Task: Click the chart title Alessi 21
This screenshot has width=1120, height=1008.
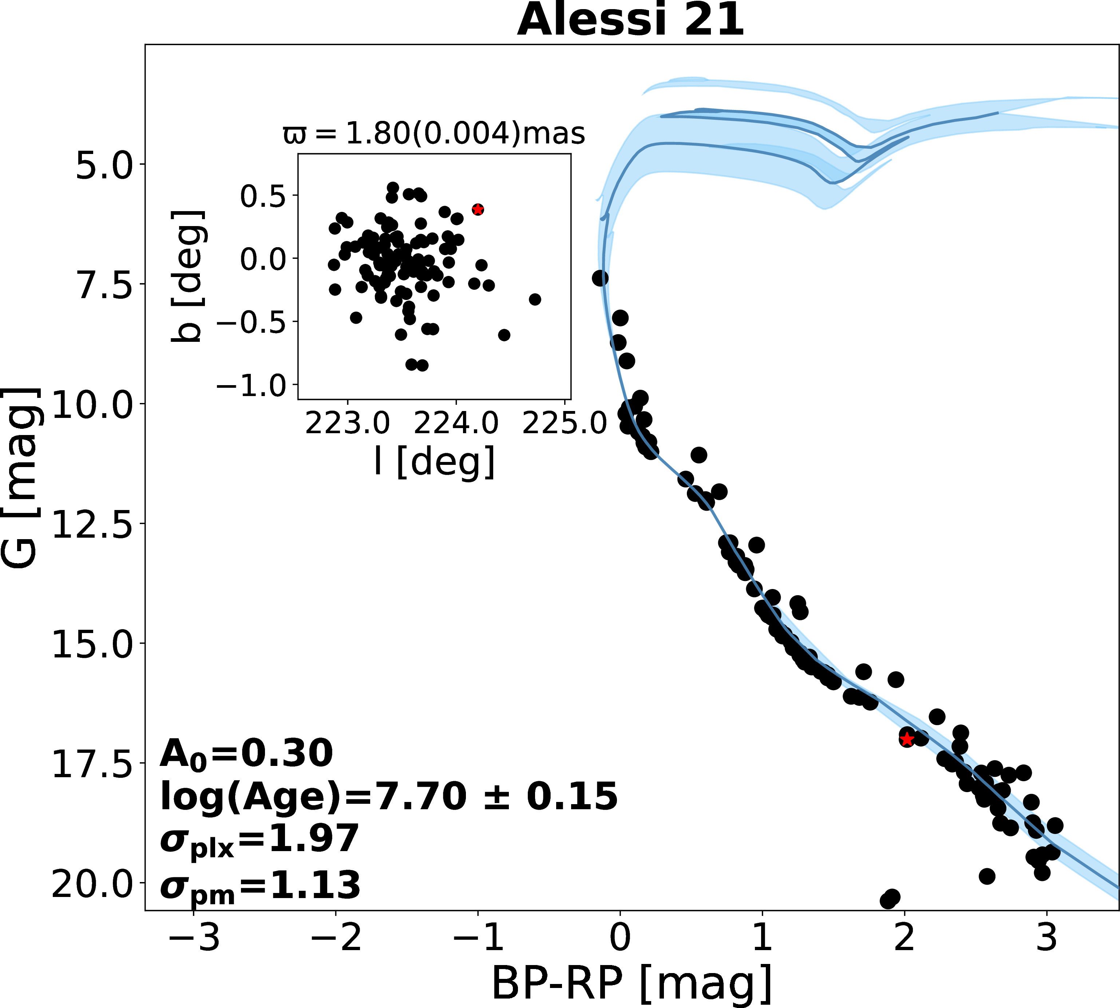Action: [630, 20]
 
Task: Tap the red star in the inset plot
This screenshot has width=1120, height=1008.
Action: [478, 209]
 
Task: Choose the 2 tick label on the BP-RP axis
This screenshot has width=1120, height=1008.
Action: [905, 938]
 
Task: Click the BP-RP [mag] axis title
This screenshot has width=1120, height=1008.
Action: [632, 984]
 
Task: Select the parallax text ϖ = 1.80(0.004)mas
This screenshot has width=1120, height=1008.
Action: [434, 134]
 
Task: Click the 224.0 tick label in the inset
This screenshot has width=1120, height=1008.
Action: [456, 424]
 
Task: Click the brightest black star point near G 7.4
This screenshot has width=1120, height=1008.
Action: [600, 278]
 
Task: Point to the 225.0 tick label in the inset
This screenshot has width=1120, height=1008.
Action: [565, 424]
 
